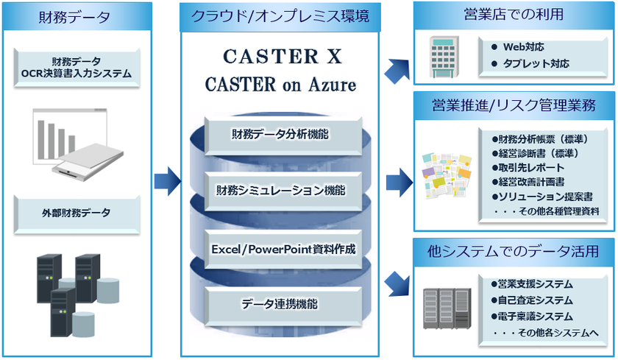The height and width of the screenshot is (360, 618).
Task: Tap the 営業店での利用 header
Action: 514,14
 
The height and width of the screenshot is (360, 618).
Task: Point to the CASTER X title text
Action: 280,58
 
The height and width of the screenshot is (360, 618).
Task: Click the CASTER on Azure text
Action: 280,85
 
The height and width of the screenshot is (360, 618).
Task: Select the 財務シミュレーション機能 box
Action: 280,190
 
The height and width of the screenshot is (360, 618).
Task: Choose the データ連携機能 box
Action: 280,303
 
